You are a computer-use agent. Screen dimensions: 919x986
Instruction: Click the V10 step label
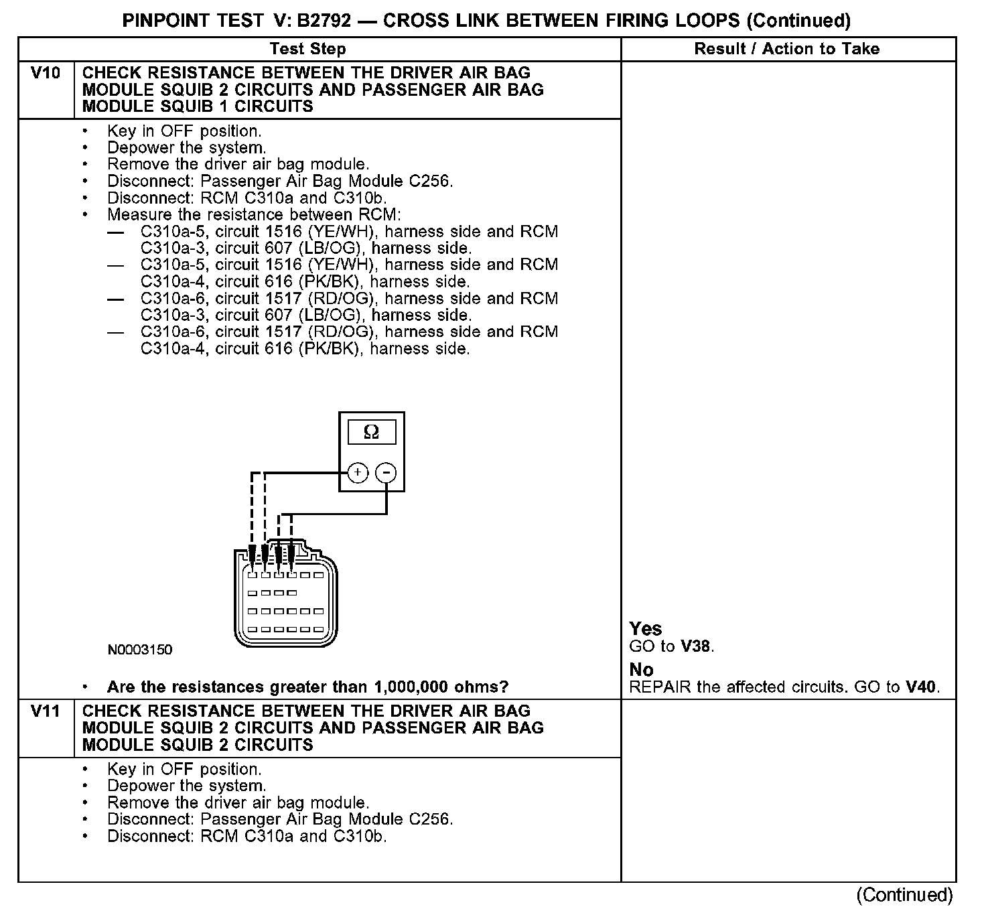[x=46, y=73]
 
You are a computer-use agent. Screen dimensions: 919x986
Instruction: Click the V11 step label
[x=46, y=711]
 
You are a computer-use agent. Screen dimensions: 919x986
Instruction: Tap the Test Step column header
[x=307, y=49]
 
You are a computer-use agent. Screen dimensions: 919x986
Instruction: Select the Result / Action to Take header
[x=787, y=49]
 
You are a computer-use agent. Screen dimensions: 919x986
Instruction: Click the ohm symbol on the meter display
[x=371, y=433]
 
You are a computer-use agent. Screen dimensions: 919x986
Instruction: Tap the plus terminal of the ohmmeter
[x=358, y=473]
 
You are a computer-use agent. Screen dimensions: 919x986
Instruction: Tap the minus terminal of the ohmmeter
[x=386, y=473]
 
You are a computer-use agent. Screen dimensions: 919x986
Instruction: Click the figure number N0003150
[x=140, y=650]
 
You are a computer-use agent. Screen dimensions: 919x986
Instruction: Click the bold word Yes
[x=646, y=629]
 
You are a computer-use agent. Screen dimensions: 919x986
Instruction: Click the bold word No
[x=642, y=670]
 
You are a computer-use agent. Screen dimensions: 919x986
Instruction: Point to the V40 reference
[x=921, y=687]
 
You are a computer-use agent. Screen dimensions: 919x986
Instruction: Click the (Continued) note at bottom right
[x=904, y=895]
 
